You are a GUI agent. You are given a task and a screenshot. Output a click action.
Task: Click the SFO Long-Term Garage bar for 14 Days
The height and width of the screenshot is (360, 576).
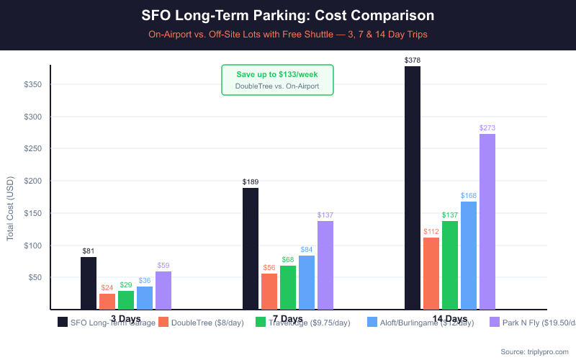(x=413, y=188)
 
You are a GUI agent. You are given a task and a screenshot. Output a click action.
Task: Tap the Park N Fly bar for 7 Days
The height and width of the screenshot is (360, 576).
(x=325, y=265)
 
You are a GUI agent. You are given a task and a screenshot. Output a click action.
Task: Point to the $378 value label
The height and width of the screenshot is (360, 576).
(x=413, y=60)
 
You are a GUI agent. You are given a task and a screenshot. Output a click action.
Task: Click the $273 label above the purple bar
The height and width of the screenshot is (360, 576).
(x=487, y=128)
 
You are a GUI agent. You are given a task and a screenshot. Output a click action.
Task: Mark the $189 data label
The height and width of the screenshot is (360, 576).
(x=251, y=182)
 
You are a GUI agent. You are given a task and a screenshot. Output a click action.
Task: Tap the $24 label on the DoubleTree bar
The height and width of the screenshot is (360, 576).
(x=107, y=288)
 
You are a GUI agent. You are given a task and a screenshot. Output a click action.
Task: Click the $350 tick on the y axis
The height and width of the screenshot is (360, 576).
(x=34, y=85)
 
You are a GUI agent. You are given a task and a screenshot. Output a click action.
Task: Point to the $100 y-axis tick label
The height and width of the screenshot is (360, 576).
(x=34, y=246)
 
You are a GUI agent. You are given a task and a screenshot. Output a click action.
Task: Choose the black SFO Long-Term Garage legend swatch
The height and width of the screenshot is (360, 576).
(x=63, y=323)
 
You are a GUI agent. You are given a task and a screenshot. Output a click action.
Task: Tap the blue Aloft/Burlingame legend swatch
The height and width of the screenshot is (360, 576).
(x=373, y=323)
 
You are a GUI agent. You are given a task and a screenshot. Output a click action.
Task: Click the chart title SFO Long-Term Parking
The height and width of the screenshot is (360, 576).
(x=288, y=15)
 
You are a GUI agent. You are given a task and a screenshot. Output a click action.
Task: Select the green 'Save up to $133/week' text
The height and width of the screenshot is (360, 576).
(x=277, y=74)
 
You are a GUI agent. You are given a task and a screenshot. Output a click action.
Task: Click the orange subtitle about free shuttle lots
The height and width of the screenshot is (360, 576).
(x=288, y=34)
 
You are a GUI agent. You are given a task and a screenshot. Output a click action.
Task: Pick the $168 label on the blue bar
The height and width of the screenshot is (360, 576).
(x=469, y=196)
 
